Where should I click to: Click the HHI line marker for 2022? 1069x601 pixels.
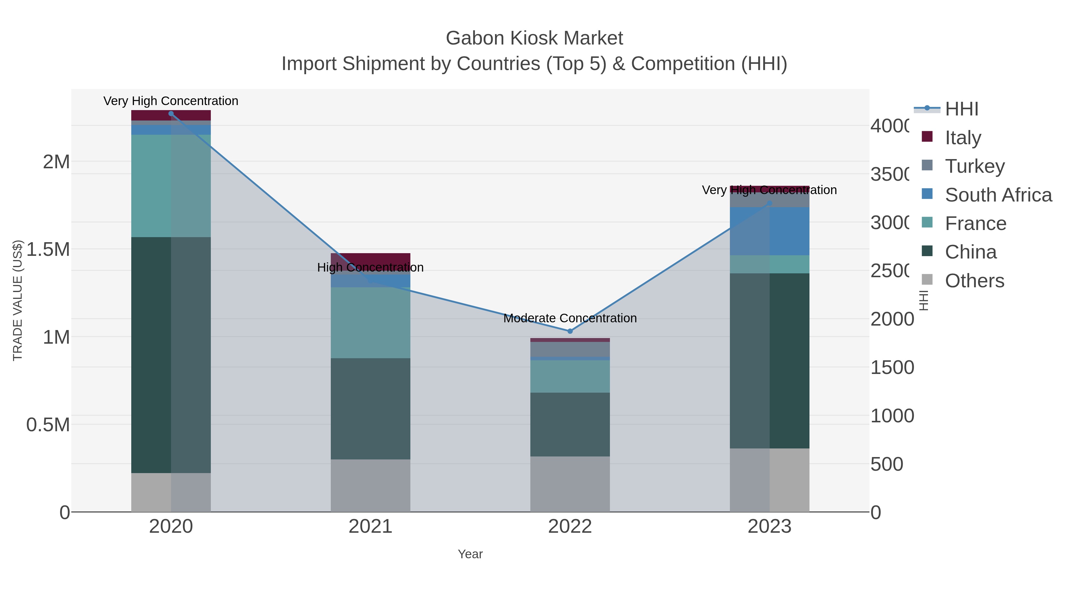[x=570, y=331]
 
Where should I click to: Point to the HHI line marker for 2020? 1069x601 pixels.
[x=171, y=114]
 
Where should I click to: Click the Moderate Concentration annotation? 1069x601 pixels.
[x=570, y=318]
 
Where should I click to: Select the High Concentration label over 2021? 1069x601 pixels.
[x=370, y=267]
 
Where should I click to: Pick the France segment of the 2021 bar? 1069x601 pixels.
[x=370, y=322]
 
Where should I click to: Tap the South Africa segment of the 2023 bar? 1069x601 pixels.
[x=769, y=231]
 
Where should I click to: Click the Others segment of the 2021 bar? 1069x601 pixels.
[x=370, y=485]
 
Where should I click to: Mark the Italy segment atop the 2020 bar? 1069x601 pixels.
[x=171, y=115]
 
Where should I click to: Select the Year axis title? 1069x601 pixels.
[x=470, y=554]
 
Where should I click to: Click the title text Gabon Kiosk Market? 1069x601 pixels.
[x=534, y=38]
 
